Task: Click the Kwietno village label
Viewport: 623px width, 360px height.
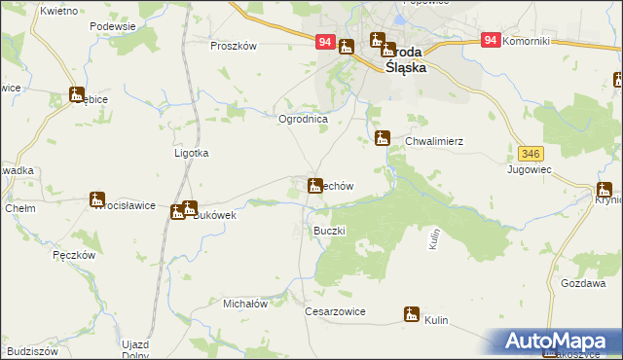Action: coord(59,10)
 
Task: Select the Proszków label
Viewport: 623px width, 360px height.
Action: coord(233,46)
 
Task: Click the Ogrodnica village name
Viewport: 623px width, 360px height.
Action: coord(303,119)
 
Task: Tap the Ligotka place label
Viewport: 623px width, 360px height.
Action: coord(191,153)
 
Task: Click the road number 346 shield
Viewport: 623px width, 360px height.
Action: coord(531,154)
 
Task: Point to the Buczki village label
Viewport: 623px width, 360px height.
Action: coord(329,231)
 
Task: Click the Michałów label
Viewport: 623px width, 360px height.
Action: coord(245,304)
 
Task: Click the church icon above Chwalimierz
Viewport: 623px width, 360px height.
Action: coord(383,138)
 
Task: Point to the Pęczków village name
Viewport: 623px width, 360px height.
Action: coord(73,254)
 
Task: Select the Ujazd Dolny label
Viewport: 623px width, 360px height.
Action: coord(134,349)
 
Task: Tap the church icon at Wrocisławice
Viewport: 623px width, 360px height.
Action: coord(98,201)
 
